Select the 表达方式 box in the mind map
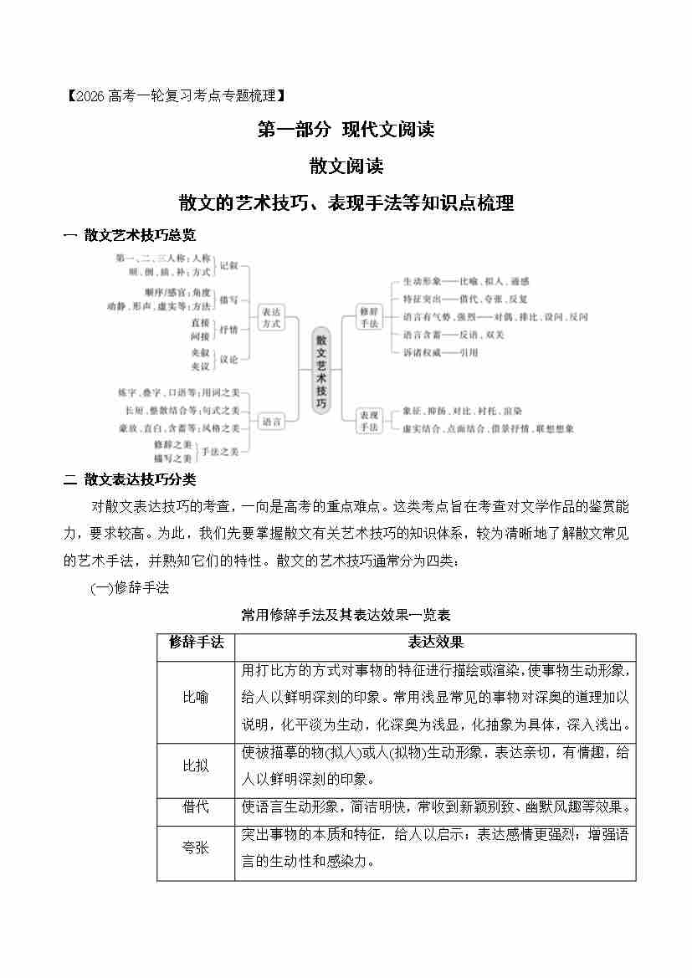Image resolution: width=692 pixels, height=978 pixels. [269, 318]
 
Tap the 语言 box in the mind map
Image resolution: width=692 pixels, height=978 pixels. [269, 422]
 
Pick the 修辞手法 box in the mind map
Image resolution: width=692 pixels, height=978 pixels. [369, 316]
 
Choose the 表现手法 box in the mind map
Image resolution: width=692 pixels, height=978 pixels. [369, 421]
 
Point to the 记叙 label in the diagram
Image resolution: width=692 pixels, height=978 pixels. [228, 265]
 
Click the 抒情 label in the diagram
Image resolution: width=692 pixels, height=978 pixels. [228, 329]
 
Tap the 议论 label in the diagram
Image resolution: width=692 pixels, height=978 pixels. [228, 359]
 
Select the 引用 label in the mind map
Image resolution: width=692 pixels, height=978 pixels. [469, 353]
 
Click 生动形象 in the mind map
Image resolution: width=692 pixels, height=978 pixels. [422, 281]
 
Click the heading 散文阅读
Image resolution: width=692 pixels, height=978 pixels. [346, 166]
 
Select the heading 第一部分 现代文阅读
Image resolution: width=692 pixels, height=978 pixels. [346, 130]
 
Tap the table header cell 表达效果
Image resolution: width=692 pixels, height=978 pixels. [435, 643]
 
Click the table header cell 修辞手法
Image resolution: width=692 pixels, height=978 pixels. [196, 643]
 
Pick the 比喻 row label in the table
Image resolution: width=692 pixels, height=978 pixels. [196, 697]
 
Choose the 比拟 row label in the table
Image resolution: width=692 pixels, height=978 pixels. [196, 766]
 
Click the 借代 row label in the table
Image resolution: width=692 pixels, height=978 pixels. [196, 807]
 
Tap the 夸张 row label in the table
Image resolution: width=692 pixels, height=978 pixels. [196, 847]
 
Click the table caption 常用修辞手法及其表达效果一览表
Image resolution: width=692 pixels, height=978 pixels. [346, 615]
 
